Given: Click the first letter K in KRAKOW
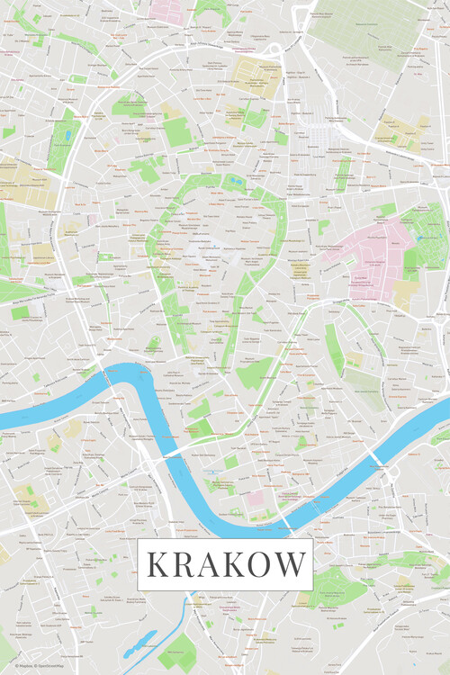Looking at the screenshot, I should click(156, 565).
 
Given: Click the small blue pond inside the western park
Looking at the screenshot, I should click(64, 138).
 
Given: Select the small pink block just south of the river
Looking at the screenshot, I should click(256, 497).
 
